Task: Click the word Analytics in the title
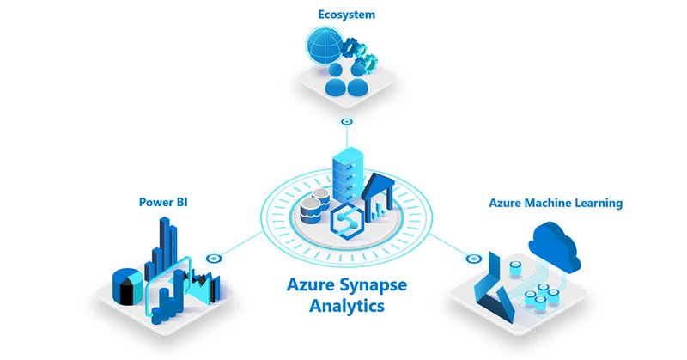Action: click(x=343, y=305)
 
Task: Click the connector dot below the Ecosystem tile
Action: click(x=346, y=123)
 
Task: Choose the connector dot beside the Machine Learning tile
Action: click(x=470, y=257)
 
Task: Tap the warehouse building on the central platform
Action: click(x=376, y=195)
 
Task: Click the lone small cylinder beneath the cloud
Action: click(x=516, y=269)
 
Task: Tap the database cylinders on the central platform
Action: click(x=313, y=209)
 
